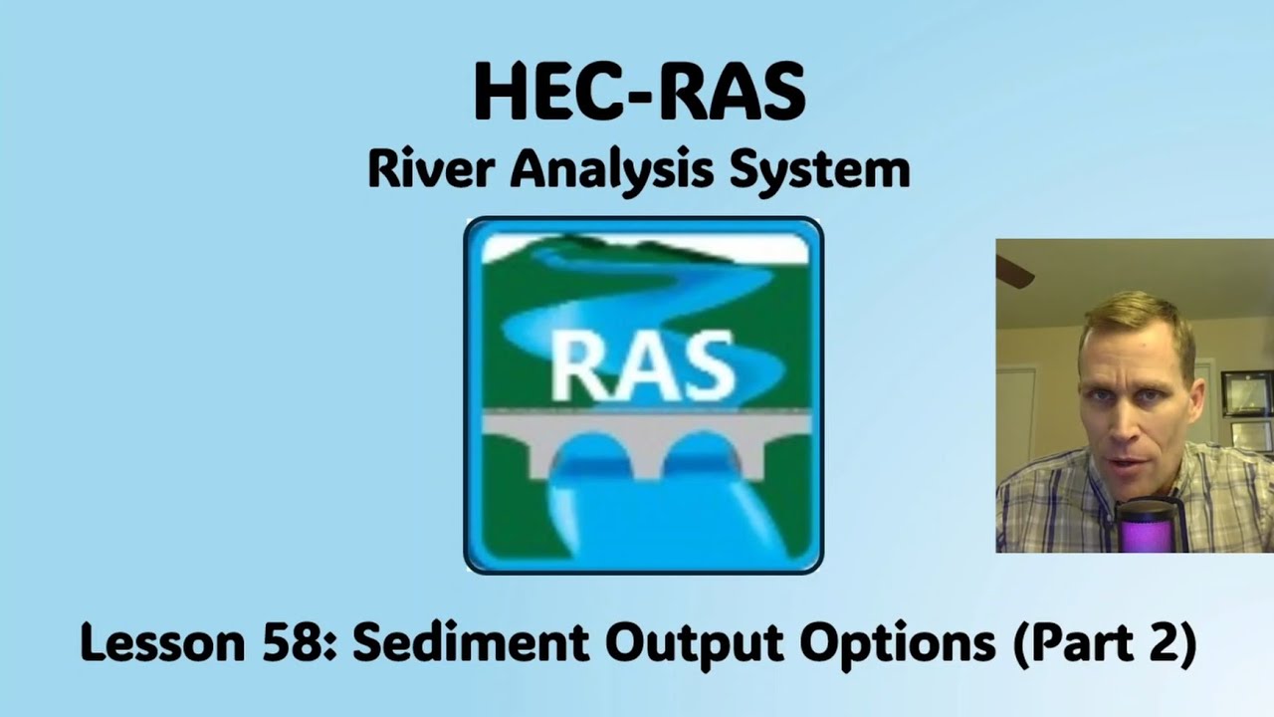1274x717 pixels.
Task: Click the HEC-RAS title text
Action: tap(638, 92)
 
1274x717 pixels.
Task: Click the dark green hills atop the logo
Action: tap(617, 245)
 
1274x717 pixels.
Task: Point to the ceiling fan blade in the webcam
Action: tap(1013, 272)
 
